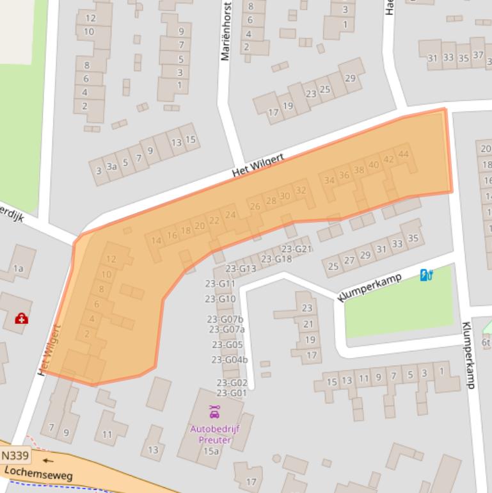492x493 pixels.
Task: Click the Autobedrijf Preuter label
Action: tap(214, 433)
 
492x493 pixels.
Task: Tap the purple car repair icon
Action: tap(214, 412)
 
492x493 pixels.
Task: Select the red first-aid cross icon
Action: tap(22, 318)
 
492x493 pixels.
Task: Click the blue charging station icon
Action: tap(427, 275)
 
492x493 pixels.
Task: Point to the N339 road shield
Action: tap(15, 456)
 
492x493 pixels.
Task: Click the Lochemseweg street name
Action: tap(38, 474)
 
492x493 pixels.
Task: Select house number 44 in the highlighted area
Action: tap(403, 154)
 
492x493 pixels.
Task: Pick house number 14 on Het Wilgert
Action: tap(157, 241)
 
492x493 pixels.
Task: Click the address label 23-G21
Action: tap(296, 249)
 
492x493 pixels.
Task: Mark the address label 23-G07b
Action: tap(225, 319)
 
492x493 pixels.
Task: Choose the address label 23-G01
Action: tap(232, 392)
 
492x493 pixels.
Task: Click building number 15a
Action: tap(211, 451)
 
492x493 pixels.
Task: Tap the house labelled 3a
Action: tap(112, 167)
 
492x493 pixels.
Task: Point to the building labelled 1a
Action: tap(18, 268)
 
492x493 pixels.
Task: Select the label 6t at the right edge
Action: tap(486, 343)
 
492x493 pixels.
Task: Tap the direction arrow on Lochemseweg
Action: tap(49, 459)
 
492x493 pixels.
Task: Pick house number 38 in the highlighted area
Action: tap(359, 170)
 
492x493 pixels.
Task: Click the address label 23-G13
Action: tap(241, 268)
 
